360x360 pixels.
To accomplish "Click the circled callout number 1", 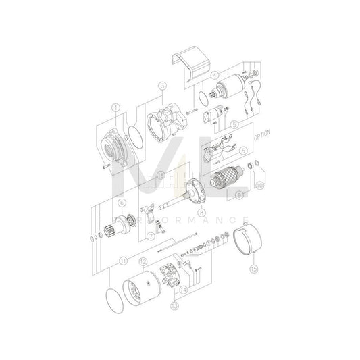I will pos(115,107).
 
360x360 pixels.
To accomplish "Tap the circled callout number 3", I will pos(162,86).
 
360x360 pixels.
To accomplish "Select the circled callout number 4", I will pos(214,75).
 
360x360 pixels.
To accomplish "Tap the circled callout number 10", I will pos(259,183).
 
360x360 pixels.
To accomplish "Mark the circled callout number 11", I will pos(122,260).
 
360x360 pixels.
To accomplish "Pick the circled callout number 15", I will pos(253,267).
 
